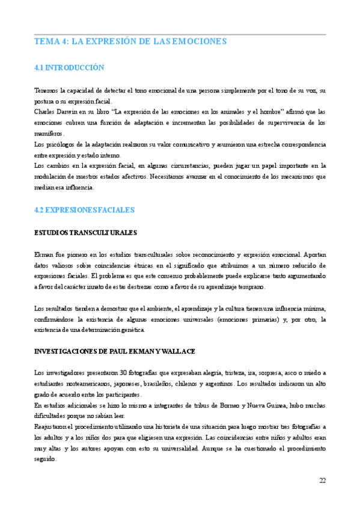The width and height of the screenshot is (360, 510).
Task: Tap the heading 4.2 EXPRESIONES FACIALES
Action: click(x=84, y=210)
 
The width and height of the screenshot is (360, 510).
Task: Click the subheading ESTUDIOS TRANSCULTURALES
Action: click(x=86, y=232)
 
